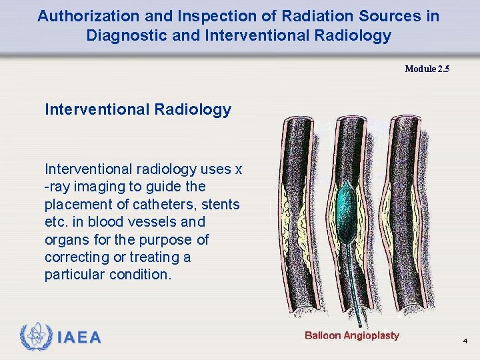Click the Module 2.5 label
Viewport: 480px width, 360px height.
(427, 68)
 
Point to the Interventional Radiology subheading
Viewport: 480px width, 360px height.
(138, 109)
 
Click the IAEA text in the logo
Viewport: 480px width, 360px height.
(79, 337)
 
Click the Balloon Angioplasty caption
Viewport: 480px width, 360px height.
(351, 335)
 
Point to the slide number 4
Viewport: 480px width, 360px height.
(465, 341)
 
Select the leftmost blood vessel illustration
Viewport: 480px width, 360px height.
(300, 213)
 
